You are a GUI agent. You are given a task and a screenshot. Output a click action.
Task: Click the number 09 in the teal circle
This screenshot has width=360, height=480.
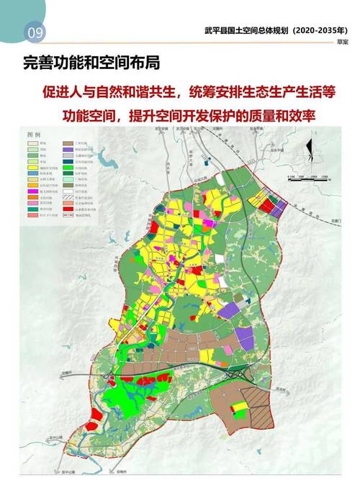(x=33, y=31)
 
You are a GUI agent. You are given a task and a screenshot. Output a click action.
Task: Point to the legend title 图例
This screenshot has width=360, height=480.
(x=34, y=135)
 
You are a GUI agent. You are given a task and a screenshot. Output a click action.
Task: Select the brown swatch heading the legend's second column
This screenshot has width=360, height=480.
(x=69, y=144)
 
